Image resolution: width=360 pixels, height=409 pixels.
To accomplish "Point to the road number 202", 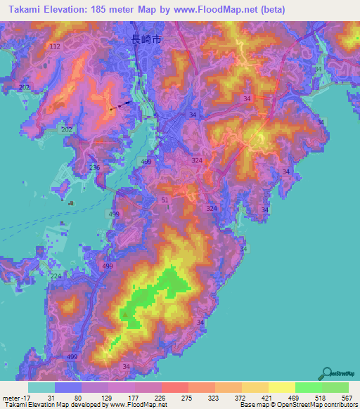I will [x=67, y=130].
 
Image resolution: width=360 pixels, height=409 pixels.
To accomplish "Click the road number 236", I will [x=95, y=167].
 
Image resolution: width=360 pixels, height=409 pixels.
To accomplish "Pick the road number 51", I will [x=165, y=200].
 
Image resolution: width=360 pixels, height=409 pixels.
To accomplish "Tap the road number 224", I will [x=56, y=276].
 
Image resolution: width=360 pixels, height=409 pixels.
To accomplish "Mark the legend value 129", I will [x=108, y=397].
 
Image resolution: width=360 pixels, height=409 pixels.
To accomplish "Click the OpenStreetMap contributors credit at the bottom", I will [x=316, y=404].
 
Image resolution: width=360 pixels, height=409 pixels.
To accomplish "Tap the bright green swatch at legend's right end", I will [x=335, y=387].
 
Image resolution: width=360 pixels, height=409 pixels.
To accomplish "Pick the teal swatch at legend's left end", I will [x=41, y=387].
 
